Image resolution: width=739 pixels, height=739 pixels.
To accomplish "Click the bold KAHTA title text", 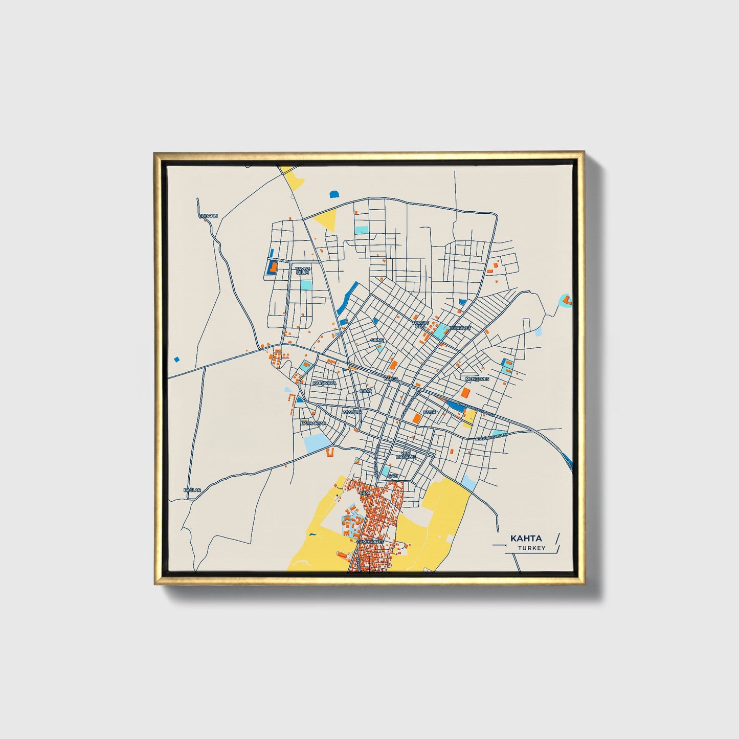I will tap(526, 539).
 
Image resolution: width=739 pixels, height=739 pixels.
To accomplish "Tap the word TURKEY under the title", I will tap(531, 548).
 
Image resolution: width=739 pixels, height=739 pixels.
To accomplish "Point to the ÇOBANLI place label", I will tap(208, 216).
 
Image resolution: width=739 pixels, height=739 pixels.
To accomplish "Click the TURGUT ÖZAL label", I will tap(420, 325).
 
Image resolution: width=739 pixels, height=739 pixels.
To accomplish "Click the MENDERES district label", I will tap(477, 379).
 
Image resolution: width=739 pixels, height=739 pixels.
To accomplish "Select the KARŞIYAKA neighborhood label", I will tap(324, 383).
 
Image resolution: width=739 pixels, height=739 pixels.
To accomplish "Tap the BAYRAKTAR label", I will tap(313, 424).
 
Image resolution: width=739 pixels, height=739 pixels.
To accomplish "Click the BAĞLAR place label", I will tap(192, 490).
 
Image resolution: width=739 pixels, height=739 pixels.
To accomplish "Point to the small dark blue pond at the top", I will tap(334, 194).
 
